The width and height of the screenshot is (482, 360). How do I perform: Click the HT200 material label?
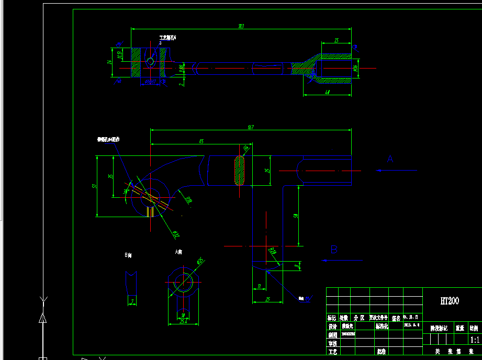[x=449, y=301]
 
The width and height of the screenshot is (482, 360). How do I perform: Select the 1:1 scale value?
[x=474, y=339]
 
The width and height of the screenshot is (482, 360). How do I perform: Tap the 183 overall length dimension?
[x=241, y=26]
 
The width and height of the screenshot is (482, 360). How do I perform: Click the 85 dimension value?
[x=201, y=141]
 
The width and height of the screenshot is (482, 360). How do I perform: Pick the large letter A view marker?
[x=390, y=159]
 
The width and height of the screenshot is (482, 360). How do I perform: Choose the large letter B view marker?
[x=334, y=250]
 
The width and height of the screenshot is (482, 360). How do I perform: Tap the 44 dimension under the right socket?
[x=327, y=92]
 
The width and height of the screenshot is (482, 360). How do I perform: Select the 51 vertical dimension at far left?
[x=94, y=185]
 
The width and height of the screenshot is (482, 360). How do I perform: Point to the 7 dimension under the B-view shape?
[x=132, y=301]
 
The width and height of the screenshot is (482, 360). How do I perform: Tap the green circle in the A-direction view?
[x=183, y=282]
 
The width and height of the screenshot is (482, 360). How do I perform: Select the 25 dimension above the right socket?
[x=335, y=40]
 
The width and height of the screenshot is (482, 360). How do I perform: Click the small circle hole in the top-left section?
[x=150, y=62]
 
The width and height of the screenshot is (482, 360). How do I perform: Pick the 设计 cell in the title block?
[x=332, y=326]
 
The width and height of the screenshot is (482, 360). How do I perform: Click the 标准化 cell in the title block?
[x=382, y=326]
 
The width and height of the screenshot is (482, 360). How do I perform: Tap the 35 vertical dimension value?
[x=110, y=177]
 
